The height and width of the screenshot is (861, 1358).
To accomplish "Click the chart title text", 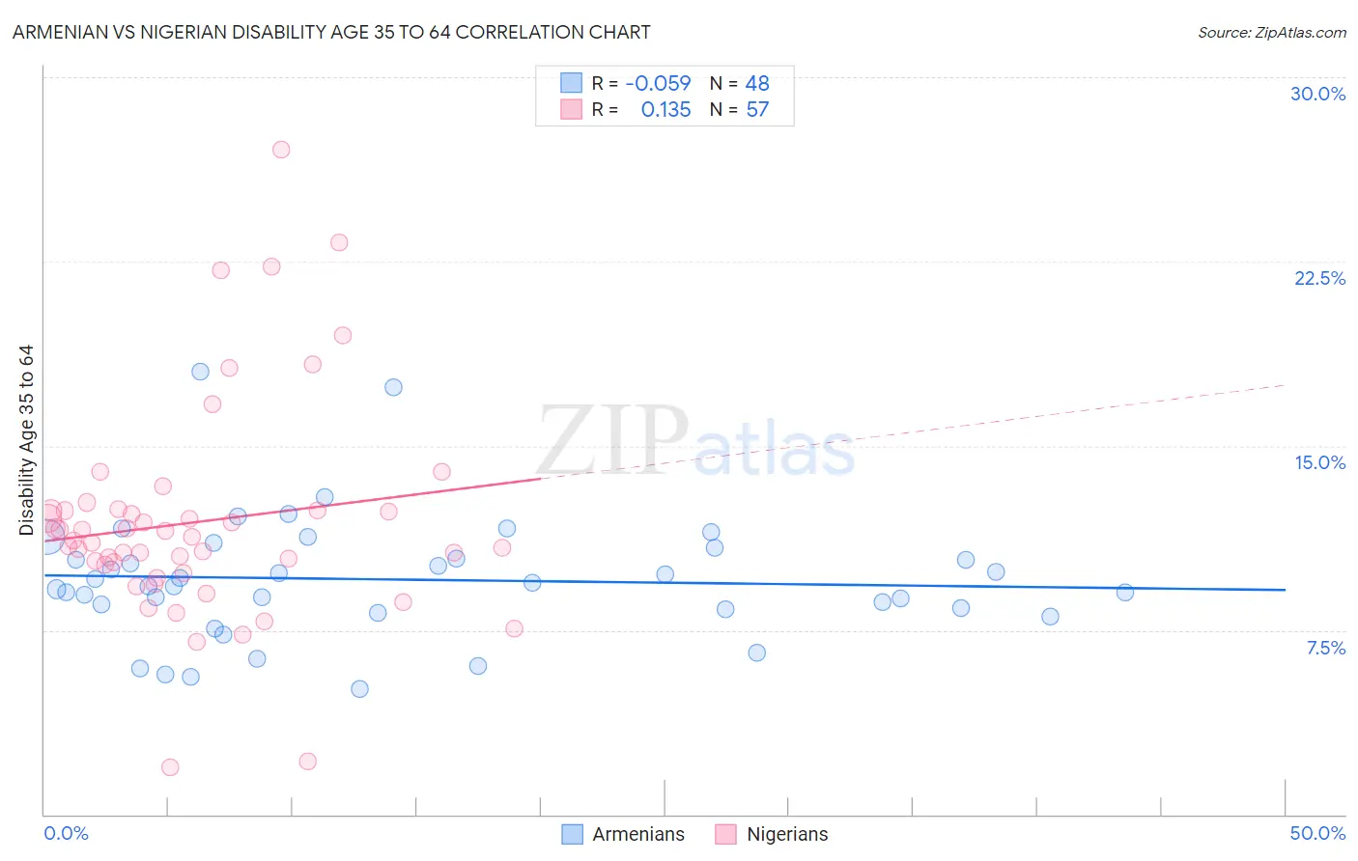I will pyautogui.click(x=331, y=32).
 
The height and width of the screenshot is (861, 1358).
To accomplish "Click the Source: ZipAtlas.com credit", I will pyautogui.click(x=1271, y=32).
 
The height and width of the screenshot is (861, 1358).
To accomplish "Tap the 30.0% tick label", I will pyautogui.click(x=1317, y=94).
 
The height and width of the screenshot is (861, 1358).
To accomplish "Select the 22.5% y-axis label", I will pyautogui.click(x=1319, y=278).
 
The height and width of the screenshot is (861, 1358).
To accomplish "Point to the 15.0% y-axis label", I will pyautogui.click(x=1319, y=462).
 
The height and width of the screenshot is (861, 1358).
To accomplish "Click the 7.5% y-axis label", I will pyautogui.click(x=1325, y=648).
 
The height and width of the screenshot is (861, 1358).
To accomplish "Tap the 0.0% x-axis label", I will pyautogui.click(x=66, y=833).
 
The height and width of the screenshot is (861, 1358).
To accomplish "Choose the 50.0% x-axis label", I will pyautogui.click(x=1317, y=833).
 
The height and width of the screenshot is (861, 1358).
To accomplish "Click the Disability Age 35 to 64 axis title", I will pyautogui.click(x=26, y=440).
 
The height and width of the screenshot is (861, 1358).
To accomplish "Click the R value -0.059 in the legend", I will pyautogui.click(x=658, y=84).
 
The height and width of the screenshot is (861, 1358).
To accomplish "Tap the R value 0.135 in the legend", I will pyautogui.click(x=665, y=110).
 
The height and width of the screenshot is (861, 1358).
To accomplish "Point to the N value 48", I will pyautogui.click(x=757, y=84).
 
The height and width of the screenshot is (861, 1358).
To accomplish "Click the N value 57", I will pyautogui.click(x=757, y=110).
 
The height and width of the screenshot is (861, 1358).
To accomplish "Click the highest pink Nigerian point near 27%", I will pyautogui.click(x=281, y=150).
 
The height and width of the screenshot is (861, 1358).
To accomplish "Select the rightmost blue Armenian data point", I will pyautogui.click(x=1124, y=593).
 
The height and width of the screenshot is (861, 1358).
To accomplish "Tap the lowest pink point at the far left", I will pyautogui.click(x=170, y=767).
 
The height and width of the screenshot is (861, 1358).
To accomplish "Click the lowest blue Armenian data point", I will pyautogui.click(x=359, y=689).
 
